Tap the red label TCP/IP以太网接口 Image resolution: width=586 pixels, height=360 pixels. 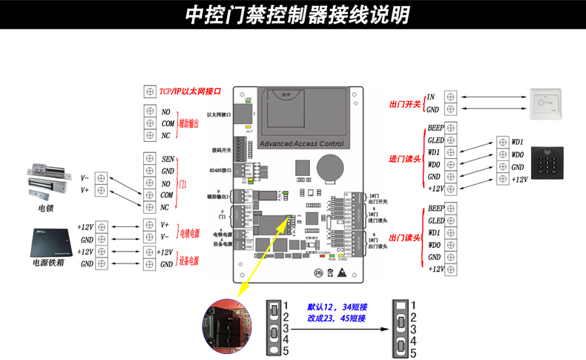[x=190, y=91]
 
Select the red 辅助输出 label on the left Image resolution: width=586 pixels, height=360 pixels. [x=188, y=123]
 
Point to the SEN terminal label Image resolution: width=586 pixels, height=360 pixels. [x=167, y=159]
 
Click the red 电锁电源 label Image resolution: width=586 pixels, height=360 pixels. [x=190, y=233]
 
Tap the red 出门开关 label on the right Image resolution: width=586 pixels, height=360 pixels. [x=405, y=104]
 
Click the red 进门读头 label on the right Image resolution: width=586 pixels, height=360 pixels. [x=405, y=158]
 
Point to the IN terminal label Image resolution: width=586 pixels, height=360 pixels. [x=431, y=96]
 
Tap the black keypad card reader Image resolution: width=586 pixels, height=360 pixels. [x=551, y=158]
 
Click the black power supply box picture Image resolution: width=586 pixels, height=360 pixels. [x=50, y=238]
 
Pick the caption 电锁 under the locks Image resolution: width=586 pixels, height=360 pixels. [x=45, y=209]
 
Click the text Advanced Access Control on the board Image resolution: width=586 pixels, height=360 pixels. [x=303, y=144]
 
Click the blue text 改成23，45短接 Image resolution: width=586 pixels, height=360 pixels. [x=337, y=318]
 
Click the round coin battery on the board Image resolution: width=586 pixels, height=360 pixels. [x=330, y=166]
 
